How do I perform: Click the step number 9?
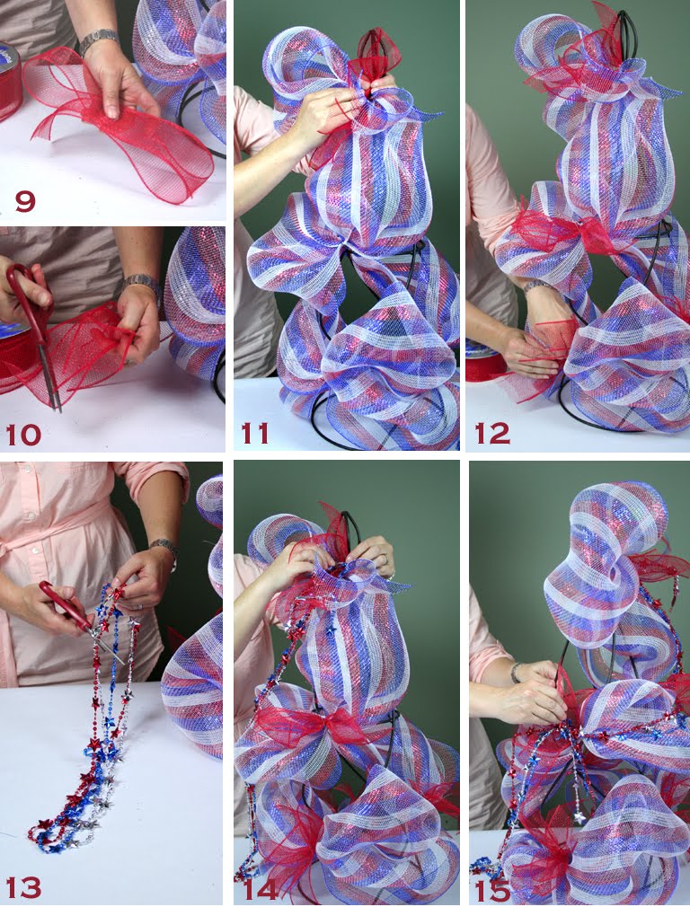24,200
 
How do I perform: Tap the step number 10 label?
24,435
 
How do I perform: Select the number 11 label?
254,434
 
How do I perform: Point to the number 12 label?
492,434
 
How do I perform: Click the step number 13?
24,887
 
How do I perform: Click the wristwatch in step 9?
98,40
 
